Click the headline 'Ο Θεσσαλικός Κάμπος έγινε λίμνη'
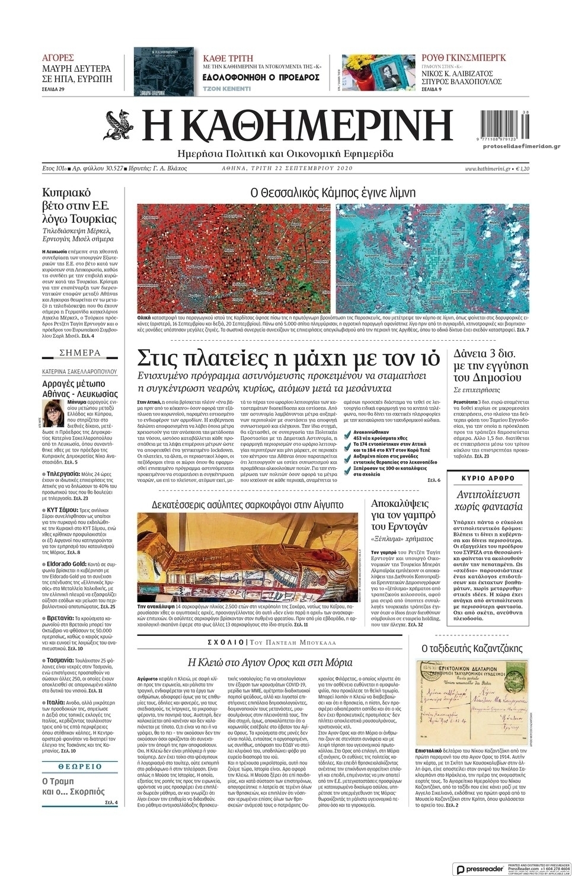point(333,193)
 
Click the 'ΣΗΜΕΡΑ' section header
point(80,353)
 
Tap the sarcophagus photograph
point(249,558)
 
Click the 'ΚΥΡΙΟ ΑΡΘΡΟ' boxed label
point(488,478)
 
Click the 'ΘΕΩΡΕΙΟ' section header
point(80,766)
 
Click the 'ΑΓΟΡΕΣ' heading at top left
point(58,58)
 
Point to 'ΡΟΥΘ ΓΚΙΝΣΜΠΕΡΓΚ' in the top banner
point(464,58)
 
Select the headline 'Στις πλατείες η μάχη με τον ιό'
point(288,359)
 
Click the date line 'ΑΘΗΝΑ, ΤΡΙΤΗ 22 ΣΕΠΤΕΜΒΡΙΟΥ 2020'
point(283,168)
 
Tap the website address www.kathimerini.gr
point(488,169)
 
